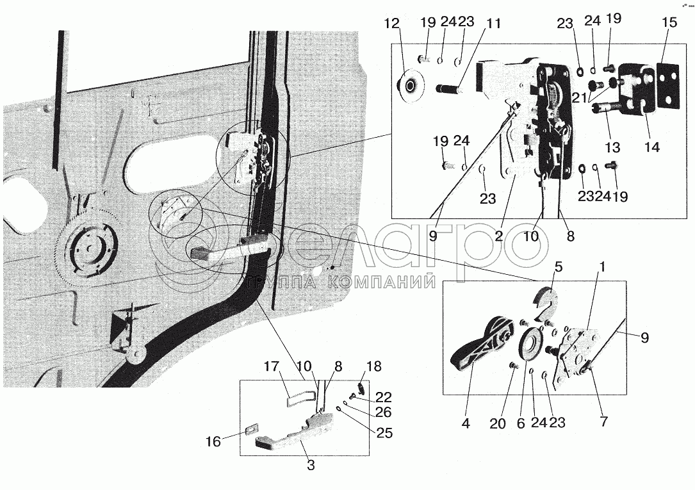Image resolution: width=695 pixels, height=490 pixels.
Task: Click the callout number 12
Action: (392, 24)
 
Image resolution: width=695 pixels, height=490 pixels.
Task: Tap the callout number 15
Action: (669, 22)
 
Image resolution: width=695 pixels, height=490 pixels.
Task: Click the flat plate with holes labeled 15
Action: (667, 85)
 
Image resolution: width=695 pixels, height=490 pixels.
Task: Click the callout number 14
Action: (652, 147)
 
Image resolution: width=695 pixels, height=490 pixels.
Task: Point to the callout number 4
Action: (466, 423)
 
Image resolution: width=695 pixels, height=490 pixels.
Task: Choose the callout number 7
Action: (603, 421)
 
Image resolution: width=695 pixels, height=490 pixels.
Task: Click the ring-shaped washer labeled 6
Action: (530, 344)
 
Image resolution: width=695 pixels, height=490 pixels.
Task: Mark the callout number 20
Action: (498, 423)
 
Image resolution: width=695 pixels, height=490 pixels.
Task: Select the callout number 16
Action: (213, 442)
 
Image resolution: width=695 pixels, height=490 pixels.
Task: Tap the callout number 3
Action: (311, 466)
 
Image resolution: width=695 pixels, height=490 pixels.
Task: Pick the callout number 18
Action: (374, 367)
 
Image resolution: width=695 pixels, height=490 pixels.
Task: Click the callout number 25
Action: (384, 432)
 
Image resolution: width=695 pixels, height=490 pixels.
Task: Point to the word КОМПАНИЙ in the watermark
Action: (381, 282)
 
